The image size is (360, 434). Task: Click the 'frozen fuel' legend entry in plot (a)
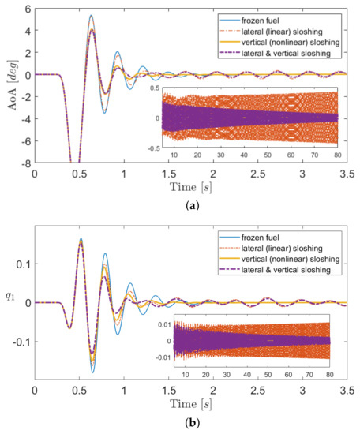[x=284, y=17]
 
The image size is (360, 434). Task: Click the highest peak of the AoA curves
[x=91, y=16]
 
